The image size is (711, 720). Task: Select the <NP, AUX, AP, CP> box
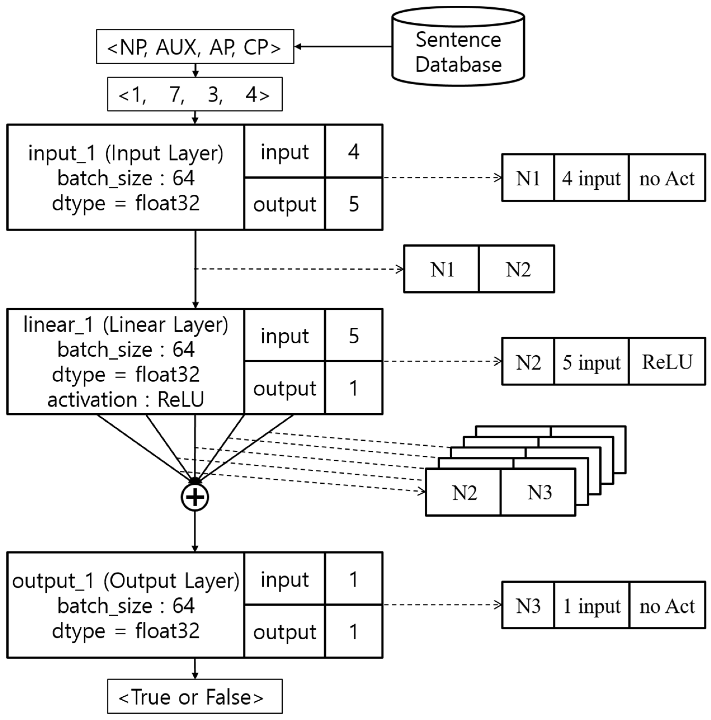195,47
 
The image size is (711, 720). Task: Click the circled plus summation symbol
195,497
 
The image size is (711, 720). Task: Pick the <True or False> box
195,697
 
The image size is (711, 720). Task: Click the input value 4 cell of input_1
353,152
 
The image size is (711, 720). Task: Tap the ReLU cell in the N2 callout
667,362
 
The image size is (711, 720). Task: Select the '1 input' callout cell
591,606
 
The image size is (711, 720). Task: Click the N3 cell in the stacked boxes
539,492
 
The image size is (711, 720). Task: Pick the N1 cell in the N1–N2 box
442,269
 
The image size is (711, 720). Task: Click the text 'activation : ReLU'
126,400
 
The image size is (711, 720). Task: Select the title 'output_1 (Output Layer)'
126,581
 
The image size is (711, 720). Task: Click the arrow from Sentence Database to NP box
343,47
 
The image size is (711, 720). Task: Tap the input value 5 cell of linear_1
353,335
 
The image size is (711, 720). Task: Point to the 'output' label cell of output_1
284,632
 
